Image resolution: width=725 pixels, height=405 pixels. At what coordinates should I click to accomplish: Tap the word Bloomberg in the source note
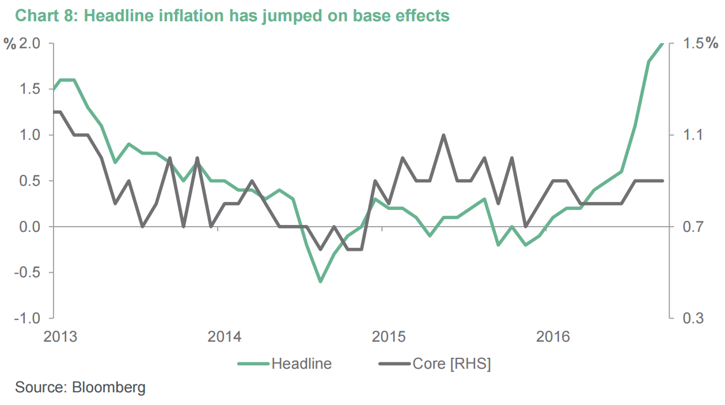(109, 387)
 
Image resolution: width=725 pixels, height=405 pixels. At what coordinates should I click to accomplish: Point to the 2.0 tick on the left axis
(29, 43)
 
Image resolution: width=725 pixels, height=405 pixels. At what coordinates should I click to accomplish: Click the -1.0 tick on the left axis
(26, 318)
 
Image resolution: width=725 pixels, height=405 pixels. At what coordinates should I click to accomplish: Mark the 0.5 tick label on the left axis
(29, 181)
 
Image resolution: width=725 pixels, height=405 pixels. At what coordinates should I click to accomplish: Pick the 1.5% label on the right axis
(700, 43)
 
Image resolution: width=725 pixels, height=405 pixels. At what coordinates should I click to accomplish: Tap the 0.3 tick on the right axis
(693, 318)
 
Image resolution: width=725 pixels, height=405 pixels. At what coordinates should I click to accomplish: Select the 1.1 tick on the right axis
(693, 135)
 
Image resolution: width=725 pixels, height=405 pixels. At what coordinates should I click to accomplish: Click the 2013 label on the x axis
(60, 336)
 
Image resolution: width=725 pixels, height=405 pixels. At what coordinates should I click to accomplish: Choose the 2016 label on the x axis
(553, 336)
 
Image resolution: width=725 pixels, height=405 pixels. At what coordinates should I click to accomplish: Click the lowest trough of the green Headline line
(321, 281)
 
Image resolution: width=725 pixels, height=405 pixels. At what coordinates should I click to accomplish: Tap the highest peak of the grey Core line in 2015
(443, 136)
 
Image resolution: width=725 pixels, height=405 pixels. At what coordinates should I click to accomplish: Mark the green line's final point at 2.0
(662, 44)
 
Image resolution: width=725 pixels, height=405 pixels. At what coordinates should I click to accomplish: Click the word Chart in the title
(35, 16)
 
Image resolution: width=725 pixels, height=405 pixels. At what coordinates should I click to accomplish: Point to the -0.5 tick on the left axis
(26, 272)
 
